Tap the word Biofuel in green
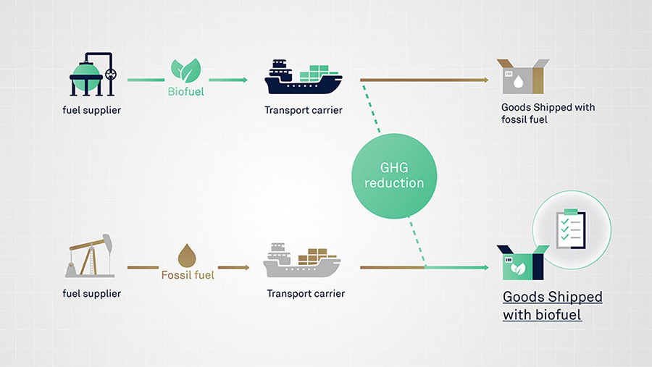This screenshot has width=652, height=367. [185, 92]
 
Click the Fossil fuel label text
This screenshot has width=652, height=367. [187, 275]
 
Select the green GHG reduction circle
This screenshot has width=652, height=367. [393, 175]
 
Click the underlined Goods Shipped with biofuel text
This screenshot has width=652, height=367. [552, 306]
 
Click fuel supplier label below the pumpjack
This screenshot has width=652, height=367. [92, 293]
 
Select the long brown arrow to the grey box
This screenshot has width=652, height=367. [427, 80]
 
